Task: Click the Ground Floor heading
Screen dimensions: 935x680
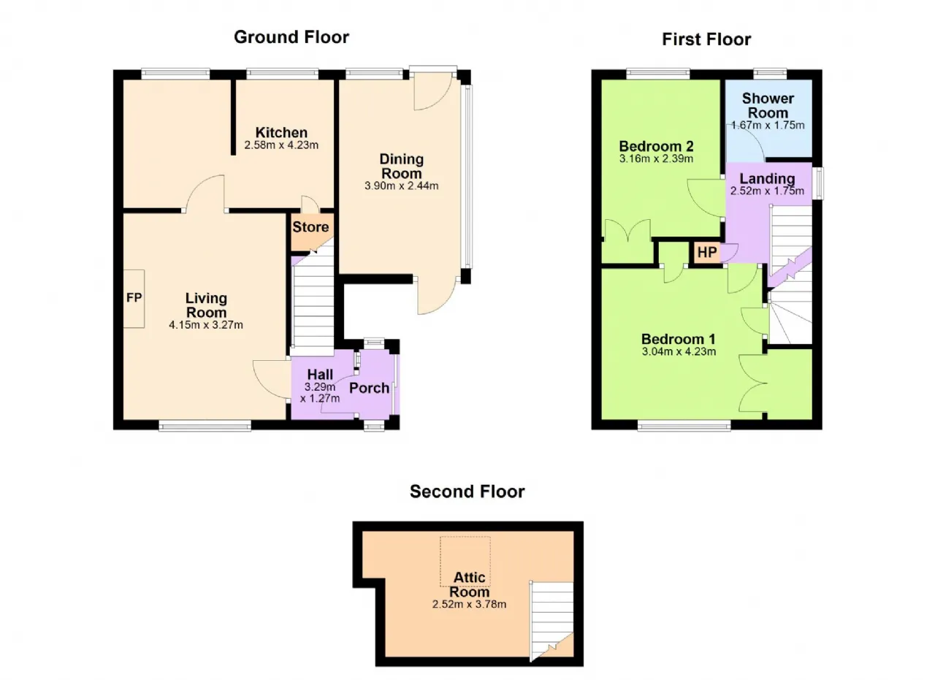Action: (x=291, y=37)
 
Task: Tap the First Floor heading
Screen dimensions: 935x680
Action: (x=706, y=39)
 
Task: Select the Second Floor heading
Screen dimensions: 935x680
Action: (x=467, y=492)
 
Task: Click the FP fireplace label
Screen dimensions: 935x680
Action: (x=134, y=297)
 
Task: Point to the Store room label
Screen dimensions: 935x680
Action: (x=310, y=227)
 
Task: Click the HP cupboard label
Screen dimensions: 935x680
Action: (x=707, y=252)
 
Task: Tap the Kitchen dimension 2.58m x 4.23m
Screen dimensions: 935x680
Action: (x=281, y=145)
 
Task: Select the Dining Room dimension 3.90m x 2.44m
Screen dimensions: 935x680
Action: (x=402, y=186)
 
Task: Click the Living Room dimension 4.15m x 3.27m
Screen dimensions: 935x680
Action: (x=206, y=325)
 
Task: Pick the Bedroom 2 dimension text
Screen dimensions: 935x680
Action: (x=656, y=158)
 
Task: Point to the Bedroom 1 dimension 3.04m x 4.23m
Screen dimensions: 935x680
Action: (x=679, y=351)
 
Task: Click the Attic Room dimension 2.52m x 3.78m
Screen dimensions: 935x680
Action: (x=469, y=604)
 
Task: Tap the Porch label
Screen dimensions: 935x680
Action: (x=369, y=389)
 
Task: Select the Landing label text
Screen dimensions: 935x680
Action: (x=767, y=179)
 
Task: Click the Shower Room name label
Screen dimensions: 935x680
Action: (x=768, y=106)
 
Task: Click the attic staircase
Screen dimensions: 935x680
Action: (x=552, y=621)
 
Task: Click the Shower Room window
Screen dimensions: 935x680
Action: (x=770, y=74)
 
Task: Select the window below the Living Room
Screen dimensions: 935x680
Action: (x=205, y=425)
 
